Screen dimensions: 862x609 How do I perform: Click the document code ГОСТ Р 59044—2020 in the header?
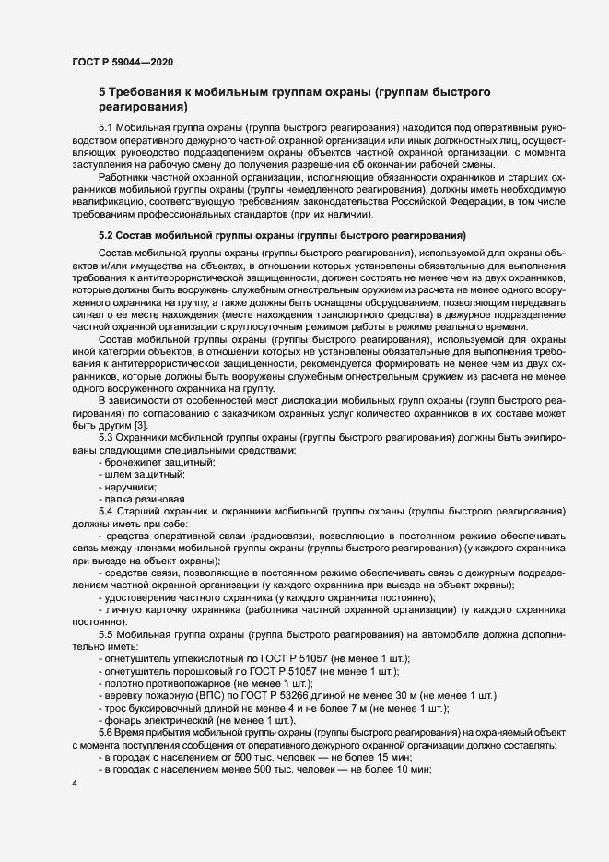click(x=123, y=61)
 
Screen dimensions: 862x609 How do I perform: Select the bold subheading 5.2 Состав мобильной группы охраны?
click(x=282, y=234)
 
